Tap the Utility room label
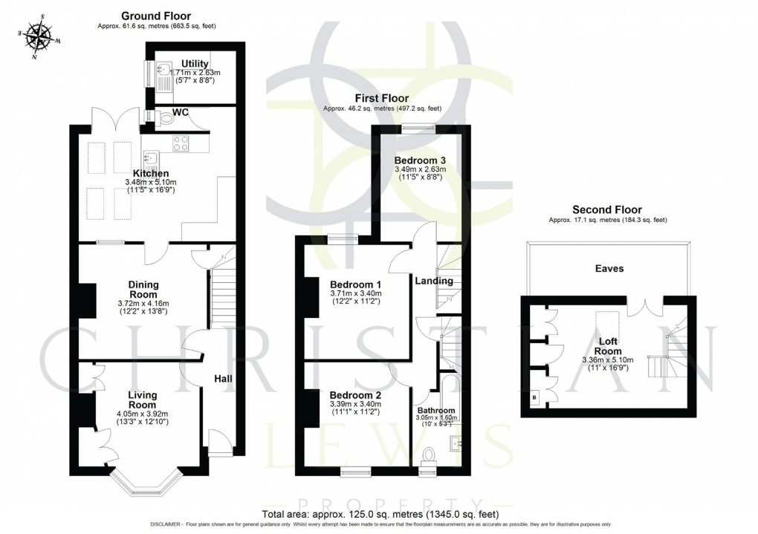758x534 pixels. [x=195, y=64]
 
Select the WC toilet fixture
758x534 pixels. [x=163, y=117]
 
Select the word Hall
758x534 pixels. [x=223, y=379]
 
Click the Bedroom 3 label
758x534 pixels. [x=419, y=160]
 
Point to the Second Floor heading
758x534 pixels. [x=606, y=210]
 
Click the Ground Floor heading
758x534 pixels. [x=156, y=16]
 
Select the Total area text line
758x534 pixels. [x=380, y=514]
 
